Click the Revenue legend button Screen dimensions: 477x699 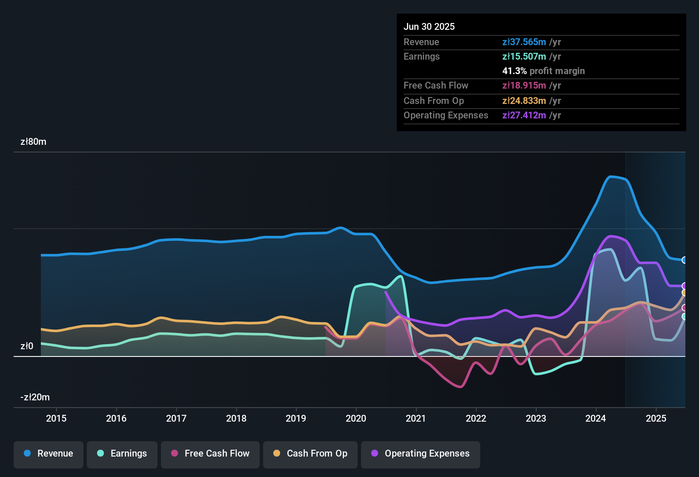49,454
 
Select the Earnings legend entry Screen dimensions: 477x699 122,454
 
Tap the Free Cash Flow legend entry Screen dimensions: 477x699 210,454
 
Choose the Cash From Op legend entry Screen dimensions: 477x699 310,454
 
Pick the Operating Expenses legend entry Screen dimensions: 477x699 420,454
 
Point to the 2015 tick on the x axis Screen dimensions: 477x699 56,418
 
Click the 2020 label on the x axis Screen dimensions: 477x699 356,418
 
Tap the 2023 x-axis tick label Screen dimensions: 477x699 536,418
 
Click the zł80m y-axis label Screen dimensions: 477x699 33,142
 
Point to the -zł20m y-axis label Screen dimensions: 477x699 35,397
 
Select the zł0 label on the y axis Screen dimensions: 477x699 27,346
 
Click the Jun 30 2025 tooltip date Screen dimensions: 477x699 429,27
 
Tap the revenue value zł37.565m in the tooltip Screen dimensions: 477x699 524,42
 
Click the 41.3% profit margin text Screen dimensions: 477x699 543,71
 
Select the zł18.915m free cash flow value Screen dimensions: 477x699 524,86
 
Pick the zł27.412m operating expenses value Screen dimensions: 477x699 524,115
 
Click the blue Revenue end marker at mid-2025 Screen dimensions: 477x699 685,260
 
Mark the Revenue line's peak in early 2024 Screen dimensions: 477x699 611,176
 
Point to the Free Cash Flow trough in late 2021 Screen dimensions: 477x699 460,387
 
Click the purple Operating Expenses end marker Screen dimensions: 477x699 685,286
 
